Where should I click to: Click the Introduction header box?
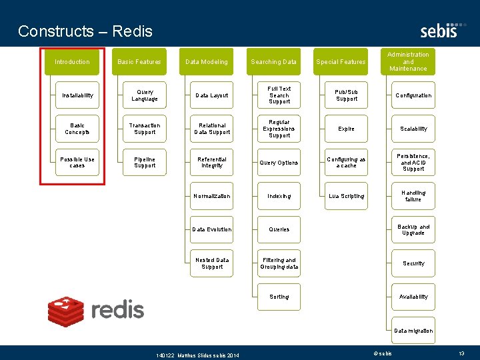[x=72, y=62]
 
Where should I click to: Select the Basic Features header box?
[x=139, y=62]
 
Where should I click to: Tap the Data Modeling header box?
[x=207, y=62]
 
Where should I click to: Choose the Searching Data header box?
[x=273, y=62]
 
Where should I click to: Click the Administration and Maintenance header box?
[x=408, y=61]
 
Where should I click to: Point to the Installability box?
[x=77, y=95]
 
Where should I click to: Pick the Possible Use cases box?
[x=77, y=163]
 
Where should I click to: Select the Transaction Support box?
[x=145, y=129]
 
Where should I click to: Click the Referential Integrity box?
[x=211, y=163]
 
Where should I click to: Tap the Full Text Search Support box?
[x=279, y=95]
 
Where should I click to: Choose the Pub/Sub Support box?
[x=346, y=95]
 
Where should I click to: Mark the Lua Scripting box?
[x=346, y=196]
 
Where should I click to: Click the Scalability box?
[x=413, y=129]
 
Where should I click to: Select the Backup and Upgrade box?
[x=413, y=229]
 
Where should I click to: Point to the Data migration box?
[x=413, y=331]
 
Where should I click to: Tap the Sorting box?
[x=279, y=297]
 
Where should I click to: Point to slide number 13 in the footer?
[x=461, y=353]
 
